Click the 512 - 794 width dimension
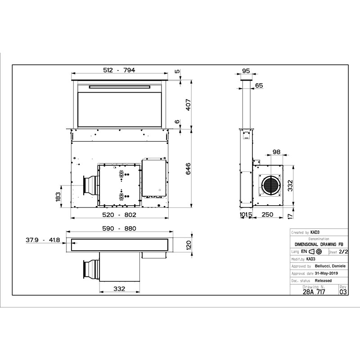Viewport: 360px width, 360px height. coord(119,70)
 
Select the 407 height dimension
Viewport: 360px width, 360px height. coord(188,105)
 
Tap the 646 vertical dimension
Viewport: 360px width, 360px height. coord(188,169)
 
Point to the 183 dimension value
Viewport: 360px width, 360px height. coord(58,197)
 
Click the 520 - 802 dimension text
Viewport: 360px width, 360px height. coord(119,215)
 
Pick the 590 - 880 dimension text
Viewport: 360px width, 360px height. coord(119,229)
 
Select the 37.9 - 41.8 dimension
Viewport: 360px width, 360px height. coord(43,240)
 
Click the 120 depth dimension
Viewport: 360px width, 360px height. coord(189,245)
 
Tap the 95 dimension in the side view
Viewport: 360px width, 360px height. coord(246,71)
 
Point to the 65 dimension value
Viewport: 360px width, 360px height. coord(259,85)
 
